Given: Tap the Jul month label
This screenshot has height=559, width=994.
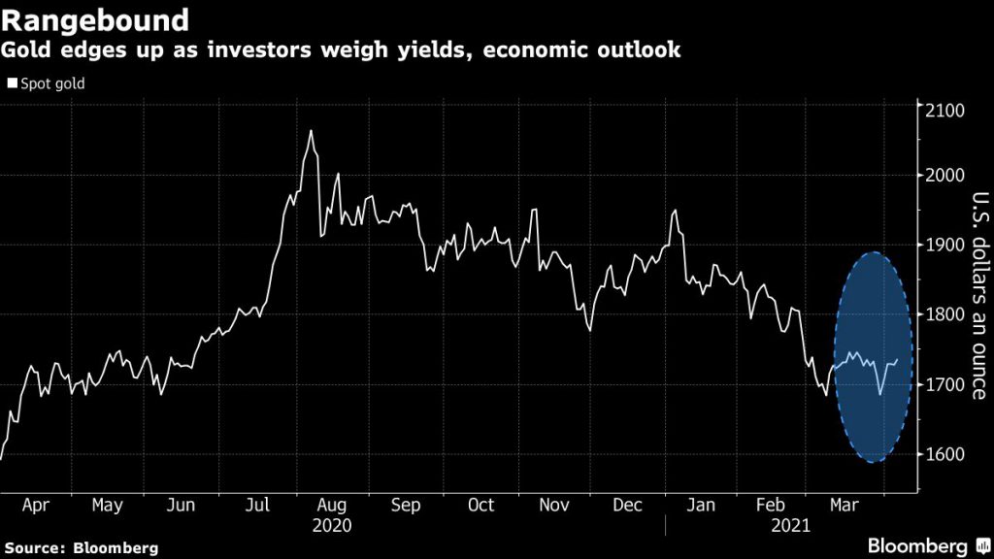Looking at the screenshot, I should click(256, 506).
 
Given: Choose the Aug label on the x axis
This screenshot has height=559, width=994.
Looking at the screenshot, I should click(332, 506).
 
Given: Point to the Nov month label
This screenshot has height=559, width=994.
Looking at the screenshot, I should click(555, 506).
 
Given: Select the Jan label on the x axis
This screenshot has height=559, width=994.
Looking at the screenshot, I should click(701, 506).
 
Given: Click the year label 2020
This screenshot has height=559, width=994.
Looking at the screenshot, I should click(332, 525).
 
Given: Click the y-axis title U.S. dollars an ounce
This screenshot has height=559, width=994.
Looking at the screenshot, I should click(976, 296).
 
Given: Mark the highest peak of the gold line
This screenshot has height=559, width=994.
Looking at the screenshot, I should click(311, 130).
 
